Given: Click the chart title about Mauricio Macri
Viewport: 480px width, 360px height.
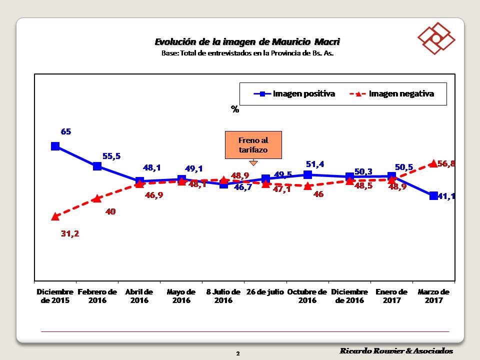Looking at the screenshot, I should click(x=247, y=41).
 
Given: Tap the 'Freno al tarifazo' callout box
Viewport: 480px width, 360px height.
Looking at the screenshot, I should click(x=253, y=145).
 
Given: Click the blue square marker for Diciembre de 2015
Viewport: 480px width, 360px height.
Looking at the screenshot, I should click(x=55, y=146).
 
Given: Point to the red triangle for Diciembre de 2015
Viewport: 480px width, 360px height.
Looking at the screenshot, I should click(x=55, y=216).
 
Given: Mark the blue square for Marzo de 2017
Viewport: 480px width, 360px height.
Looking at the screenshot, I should click(x=433, y=195).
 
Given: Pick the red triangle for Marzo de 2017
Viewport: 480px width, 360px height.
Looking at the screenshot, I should click(x=433, y=163).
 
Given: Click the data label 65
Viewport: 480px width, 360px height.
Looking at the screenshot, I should click(x=66, y=132).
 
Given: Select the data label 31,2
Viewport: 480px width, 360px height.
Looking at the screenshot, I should click(x=70, y=233).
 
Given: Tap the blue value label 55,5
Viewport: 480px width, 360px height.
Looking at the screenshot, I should click(x=111, y=156).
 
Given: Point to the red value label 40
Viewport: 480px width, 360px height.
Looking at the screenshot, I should click(x=110, y=211).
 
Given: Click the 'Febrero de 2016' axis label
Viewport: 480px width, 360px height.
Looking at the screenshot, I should click(x=97, y=296).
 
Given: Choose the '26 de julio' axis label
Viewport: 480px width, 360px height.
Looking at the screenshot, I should click(x=265, y=292).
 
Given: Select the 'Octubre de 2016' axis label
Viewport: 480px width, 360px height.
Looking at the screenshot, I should click(x=307, y=296).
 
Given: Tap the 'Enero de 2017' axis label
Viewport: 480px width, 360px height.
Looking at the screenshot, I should click(x=391, y=296).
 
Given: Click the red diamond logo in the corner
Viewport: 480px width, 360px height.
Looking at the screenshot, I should click(x=436, y=38).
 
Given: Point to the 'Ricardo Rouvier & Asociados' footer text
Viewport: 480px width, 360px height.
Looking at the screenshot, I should click(x=396, y=351).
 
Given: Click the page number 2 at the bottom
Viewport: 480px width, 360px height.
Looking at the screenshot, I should click(x=238, y=353).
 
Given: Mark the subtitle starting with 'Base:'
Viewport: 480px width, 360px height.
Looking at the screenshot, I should click(x=247, y=52).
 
